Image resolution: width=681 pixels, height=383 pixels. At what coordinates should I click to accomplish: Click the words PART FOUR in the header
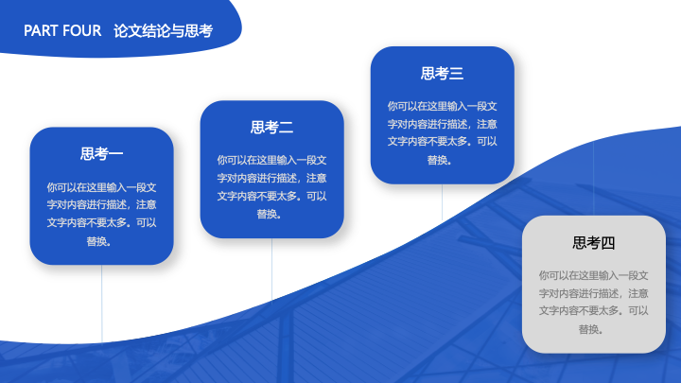click(62, 31)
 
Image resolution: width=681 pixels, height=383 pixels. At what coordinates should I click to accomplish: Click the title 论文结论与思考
click(164, 31)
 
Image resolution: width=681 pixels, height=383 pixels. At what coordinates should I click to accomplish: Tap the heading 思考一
click(101, 154)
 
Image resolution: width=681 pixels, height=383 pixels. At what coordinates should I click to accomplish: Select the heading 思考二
click(271, 128)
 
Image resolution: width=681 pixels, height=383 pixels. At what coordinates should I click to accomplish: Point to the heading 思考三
click(442, 73)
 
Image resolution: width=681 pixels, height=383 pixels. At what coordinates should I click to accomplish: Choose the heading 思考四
click(594, 243)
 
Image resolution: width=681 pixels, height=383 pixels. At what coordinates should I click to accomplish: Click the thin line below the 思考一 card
click(101, 304)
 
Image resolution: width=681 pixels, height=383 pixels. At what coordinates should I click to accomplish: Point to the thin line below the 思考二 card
click(271, 270)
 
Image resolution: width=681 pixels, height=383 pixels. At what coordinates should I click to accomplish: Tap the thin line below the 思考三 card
click(442, 202)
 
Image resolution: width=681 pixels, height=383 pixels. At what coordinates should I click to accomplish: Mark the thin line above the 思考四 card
click(594, 178)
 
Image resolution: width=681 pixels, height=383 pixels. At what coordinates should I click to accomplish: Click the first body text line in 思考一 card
click(101, 187)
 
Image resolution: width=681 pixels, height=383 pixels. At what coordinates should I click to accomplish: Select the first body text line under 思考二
click(271, 160)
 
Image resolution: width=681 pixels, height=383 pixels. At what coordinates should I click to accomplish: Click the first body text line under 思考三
click(442, 106)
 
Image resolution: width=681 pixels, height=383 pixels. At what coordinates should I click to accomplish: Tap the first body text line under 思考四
click(594, 275)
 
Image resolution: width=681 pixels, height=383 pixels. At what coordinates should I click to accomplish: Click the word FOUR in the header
click(82, 31)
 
